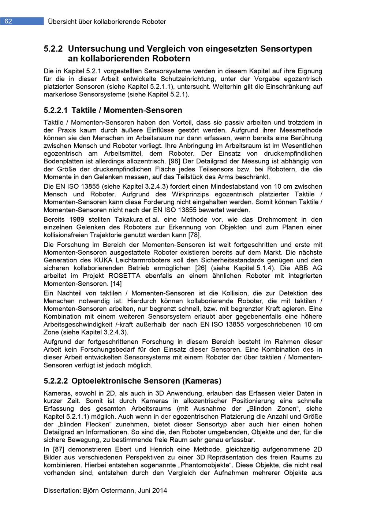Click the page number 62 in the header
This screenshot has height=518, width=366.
point(8,21)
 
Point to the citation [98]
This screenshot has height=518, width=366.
point(175,162)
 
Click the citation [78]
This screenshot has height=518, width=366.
point(194,235)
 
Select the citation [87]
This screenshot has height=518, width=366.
point(59,449)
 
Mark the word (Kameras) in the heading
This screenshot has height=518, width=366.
point(203,381)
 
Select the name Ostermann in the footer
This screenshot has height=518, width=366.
point(123,490)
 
